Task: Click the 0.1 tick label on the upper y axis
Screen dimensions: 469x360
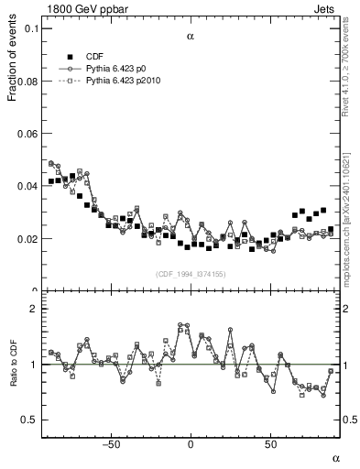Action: coord(31,28)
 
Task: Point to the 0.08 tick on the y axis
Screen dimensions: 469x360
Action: coord(27,82)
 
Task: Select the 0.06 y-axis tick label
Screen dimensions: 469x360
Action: coord(27,134)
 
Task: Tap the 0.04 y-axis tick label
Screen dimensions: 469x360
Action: coord(27,187)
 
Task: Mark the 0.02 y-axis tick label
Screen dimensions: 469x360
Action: coord(27,239)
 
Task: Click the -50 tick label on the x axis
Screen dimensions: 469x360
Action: coord(111,445)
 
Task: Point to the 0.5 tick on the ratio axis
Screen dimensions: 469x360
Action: coord(29,420)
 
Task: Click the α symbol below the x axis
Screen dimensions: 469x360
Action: coord(335,457)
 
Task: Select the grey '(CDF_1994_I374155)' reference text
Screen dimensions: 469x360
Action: coord(191,274)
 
